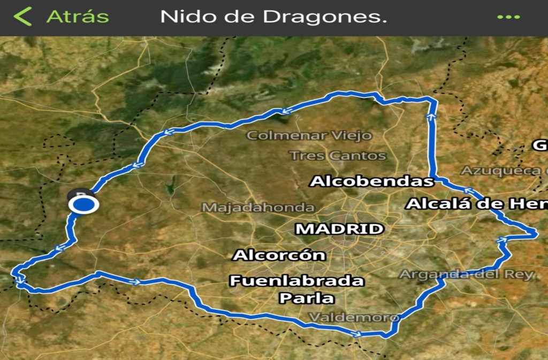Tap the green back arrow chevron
point(22,17)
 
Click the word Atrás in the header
point(78,17)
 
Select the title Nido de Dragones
point(273,17)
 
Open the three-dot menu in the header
point(508,17)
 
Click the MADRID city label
point(340,229)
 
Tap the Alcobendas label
point(372,181)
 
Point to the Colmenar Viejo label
point(309,135)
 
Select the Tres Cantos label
point(338,156)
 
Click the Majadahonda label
point(258,207)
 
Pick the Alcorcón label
point(279,255)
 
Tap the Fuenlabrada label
point(296,280)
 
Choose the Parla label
point(307,298)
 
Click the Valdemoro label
point(354,318)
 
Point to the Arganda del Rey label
point(467,274)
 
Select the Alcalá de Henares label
point(476,204)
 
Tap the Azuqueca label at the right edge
point(504,171)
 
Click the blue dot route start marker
point(83,205)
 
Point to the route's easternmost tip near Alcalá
point(535,232)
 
